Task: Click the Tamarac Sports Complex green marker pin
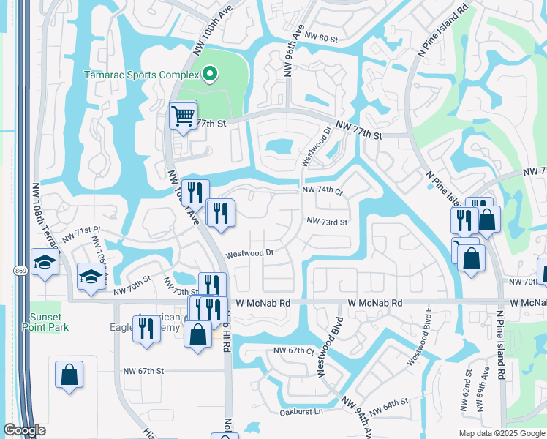point(210,74)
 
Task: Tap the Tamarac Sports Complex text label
point(142,75)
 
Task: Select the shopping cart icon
point(183,115)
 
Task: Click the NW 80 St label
point(322,37)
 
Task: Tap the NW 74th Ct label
point(322,190)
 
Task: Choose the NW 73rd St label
point(326,221)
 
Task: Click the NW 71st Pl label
point(80,233)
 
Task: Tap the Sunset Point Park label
point(49,322)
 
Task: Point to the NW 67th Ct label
point(293,351)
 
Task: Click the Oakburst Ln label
point(301,412)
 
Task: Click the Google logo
point(25,430)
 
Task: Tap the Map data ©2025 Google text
point(501,433)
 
